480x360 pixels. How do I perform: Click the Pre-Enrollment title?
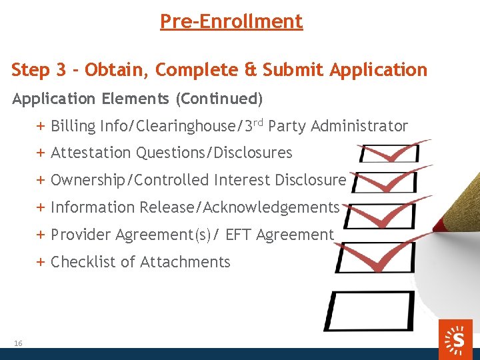pyautogui.click(x=231, y=21)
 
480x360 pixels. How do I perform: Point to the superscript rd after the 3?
pyautogui.click(x=259, y=122)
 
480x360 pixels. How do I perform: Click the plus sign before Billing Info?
pyautogui.click(x=41, y=126)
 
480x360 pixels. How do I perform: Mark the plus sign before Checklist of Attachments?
pyautogui.click(x=41, y=262)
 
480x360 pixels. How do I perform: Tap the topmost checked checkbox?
pyautogui.click(x=390, y=153)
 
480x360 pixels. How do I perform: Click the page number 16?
pyautogui.click(x=18, y=343)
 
